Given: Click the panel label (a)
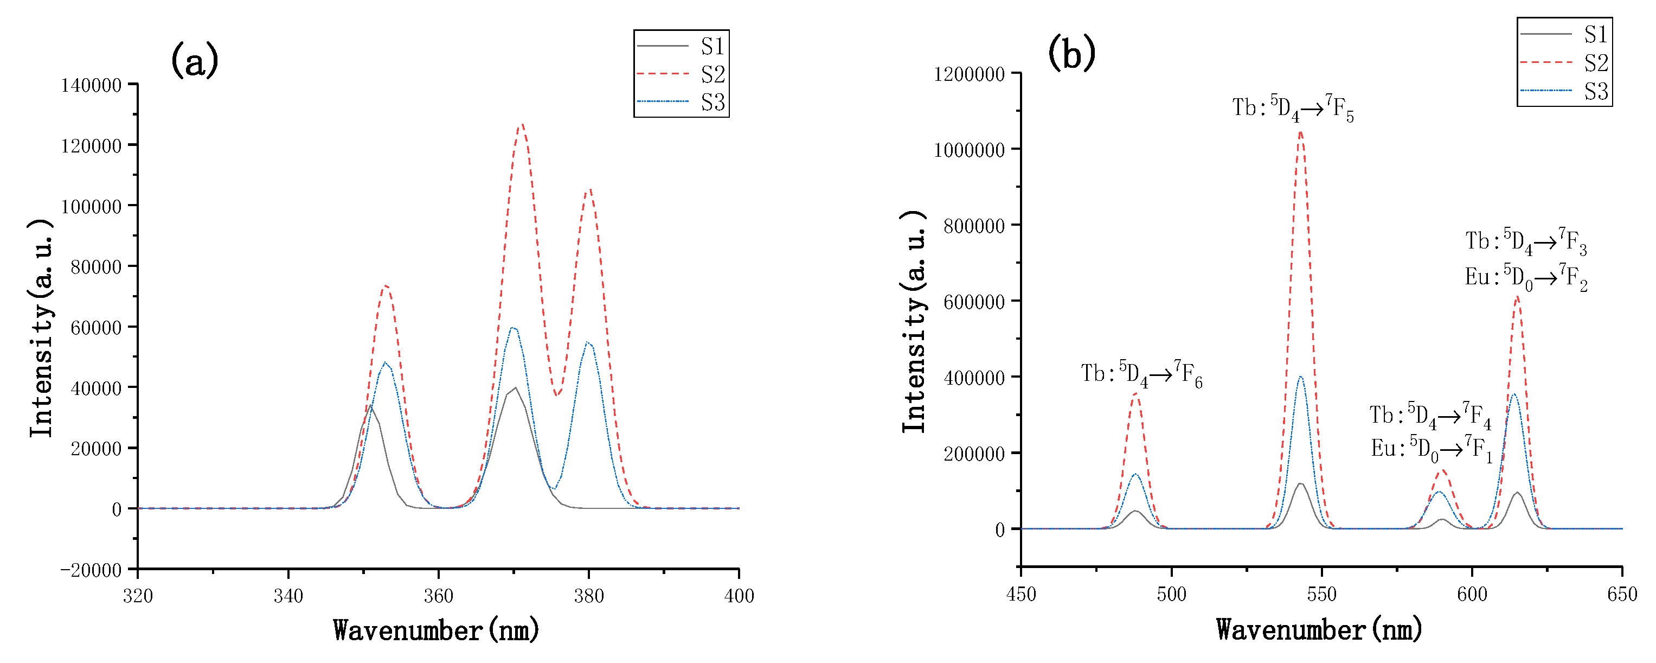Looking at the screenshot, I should [194, 60].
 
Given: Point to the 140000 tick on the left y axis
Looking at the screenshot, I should [91, 85].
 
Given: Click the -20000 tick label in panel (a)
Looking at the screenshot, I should [91, 570].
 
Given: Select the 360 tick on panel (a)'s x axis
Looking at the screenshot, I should [439, 596].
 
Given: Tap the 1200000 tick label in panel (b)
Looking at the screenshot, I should [969, 74].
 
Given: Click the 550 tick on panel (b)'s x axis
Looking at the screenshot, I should [1322, 594].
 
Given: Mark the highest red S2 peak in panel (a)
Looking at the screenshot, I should [521, 125].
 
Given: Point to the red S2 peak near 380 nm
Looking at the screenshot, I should [588, 190].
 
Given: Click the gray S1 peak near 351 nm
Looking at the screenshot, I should [370, 406].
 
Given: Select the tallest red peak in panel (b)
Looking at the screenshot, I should [1300, 132].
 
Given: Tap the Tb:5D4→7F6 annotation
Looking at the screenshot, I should [1141, 374].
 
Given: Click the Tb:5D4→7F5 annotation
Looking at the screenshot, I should [1292, 108].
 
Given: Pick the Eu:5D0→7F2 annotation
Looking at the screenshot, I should [1525, 278].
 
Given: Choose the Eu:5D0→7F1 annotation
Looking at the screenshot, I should [1431, 449].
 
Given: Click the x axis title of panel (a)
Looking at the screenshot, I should [436, 630].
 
